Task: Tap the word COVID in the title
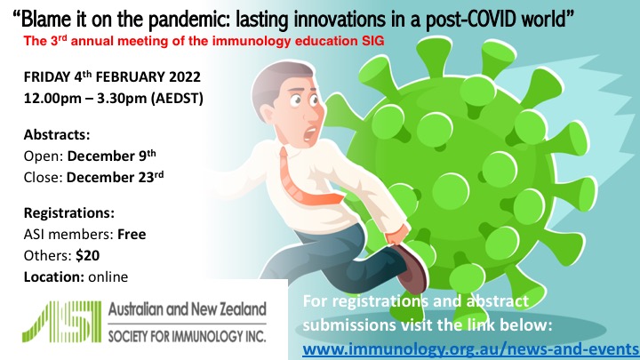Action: click(488, 19)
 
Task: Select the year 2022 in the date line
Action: click(185, 77)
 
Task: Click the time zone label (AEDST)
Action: click(177, 99)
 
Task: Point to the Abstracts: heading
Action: click(57, 135)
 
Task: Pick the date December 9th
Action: click(111, 156)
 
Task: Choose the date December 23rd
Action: click(115, 177)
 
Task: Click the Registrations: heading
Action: click(69, 213)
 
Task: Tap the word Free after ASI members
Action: click(132, 235)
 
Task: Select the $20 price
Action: click(88, 255)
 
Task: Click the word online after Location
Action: click(108, 276)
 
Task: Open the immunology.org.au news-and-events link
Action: click(470, 349)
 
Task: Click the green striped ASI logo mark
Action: click(61, 322)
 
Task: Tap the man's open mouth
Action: click(310, 133)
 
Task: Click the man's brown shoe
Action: click(412, 268)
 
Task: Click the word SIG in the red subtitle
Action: click(372, 41)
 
